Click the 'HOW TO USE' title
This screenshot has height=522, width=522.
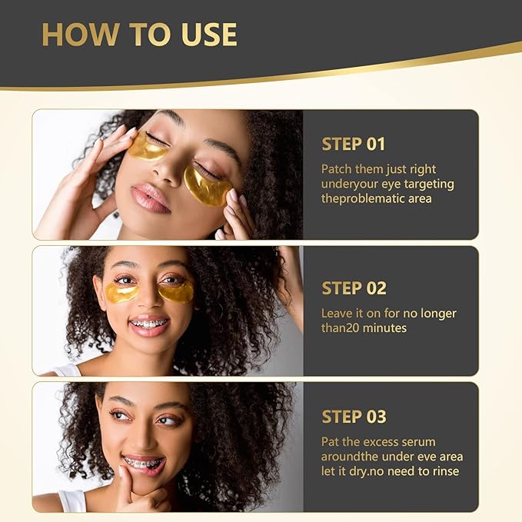tap(139, 34)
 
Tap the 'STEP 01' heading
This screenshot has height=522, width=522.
tap(353, 144)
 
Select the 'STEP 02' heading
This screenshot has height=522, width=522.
tap(354, 288)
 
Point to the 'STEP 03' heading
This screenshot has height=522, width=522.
tap(354, 417)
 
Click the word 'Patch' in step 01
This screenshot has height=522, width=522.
tap(337, 168)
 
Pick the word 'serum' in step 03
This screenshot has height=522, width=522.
tap(418, 441)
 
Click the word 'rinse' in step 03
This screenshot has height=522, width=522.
tap(448, 472)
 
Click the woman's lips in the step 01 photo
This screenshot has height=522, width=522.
tap(150, 199)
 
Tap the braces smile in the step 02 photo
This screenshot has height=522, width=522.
tap(149, 323)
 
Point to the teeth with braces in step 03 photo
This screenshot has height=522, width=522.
tap(144, 463)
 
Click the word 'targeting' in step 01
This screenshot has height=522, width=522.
tap(428, 184)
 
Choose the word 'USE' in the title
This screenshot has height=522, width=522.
tap(204, 34)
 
